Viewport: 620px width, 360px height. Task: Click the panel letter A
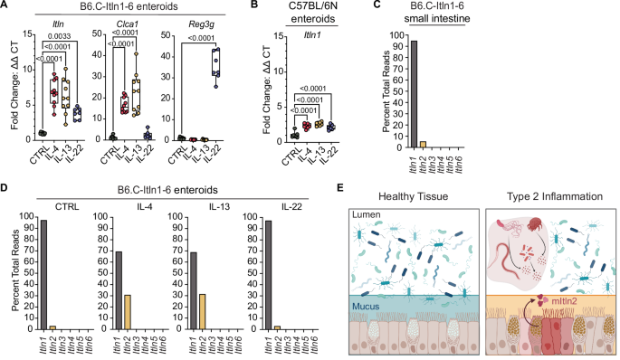(x=6, y=7)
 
